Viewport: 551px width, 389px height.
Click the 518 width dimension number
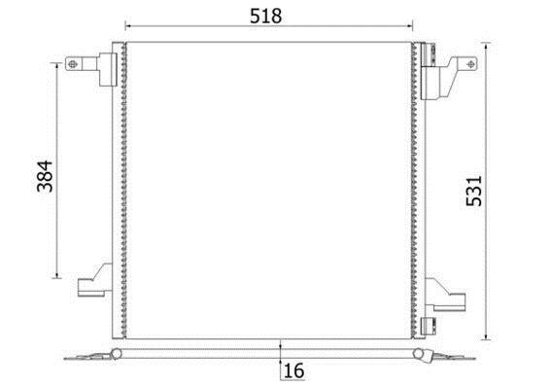click(265, 16)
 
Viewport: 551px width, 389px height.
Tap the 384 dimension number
click(45, 176)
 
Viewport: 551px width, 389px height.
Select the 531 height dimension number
click(474, 191)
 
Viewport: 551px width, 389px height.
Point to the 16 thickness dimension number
click(293, 371)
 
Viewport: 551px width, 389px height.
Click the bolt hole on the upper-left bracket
click(72, 64)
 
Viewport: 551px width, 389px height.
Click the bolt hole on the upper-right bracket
click(471, 64)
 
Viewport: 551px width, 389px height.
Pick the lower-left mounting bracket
click(94, 280)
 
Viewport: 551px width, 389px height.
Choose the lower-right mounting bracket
click(446, 295)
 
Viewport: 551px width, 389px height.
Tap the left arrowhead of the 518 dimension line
click(127, 25)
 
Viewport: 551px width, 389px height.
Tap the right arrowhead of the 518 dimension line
click(410, 25)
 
